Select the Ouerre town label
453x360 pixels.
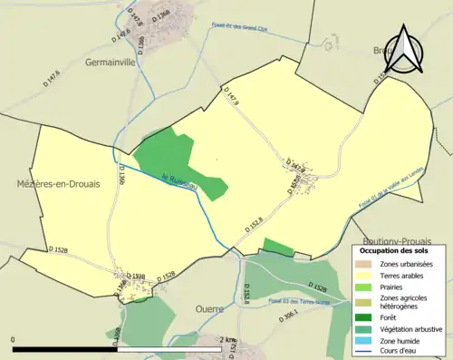coord(210,308)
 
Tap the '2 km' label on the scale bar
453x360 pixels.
coord(229,340)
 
